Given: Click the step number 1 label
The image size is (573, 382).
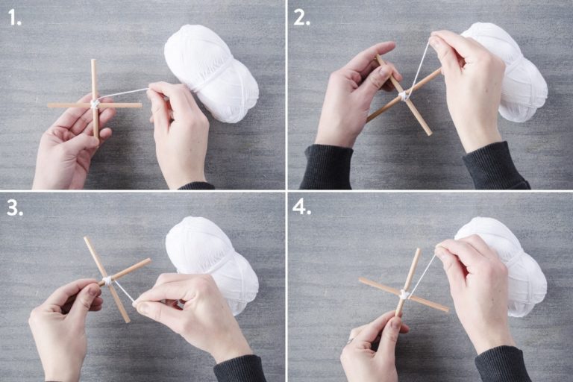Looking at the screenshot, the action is pyautogui.click(x=15, y=18).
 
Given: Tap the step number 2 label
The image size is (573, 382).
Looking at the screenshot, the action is pyautogui.click(x=301, y=18).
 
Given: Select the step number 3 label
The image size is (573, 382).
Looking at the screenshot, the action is pyautogui.click(x=15, y=208).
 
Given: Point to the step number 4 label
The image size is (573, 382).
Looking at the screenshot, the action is pyautogui.click(x=302, y=207).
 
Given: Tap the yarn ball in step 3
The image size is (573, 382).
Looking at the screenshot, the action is pyautogui.click(x=212, y=263).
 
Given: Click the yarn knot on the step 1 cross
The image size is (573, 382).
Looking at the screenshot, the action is pyautogui.click(x=95, y=104).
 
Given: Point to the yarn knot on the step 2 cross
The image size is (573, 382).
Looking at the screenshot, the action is pyautogui.click(x=403, y=96).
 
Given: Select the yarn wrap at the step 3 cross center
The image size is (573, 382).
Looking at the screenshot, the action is pyautogui.click(x=107, y=281).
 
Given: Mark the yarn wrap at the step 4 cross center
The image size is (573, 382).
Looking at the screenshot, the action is pyautogui.click(x=404, y=294).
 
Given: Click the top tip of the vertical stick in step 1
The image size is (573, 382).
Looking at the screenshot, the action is pyautogui.click(x=93, y=60).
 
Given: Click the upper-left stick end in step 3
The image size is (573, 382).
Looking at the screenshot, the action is pyautogui.click(x=87, y=239).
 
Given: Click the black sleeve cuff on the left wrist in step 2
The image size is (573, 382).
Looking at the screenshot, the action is pyautogui.click(x=326, y=166).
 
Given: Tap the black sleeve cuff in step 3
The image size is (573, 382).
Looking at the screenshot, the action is pyautogui.click(x=239, y=369).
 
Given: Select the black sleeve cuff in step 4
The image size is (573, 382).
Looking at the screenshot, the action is pyautogui.click(x=502, y=364).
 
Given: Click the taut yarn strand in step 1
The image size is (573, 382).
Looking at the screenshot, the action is pyautogui.click(x=124, y=94).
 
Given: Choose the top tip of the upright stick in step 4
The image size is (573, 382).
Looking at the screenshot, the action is pyautogui.click(x=418, y=251).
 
